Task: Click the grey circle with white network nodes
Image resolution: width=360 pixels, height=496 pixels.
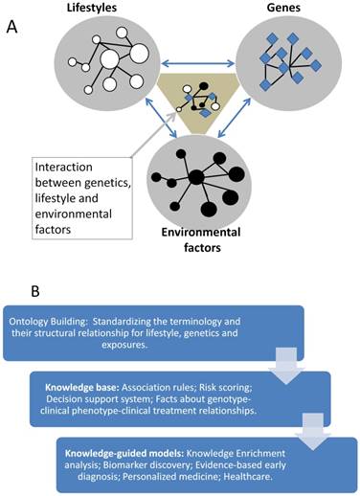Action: click(101, 63)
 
